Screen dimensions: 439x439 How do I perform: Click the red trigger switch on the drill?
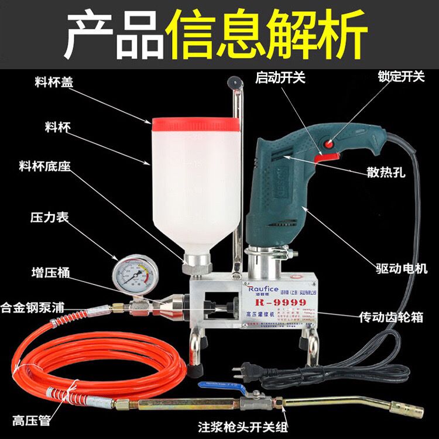[x=327, y=156]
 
